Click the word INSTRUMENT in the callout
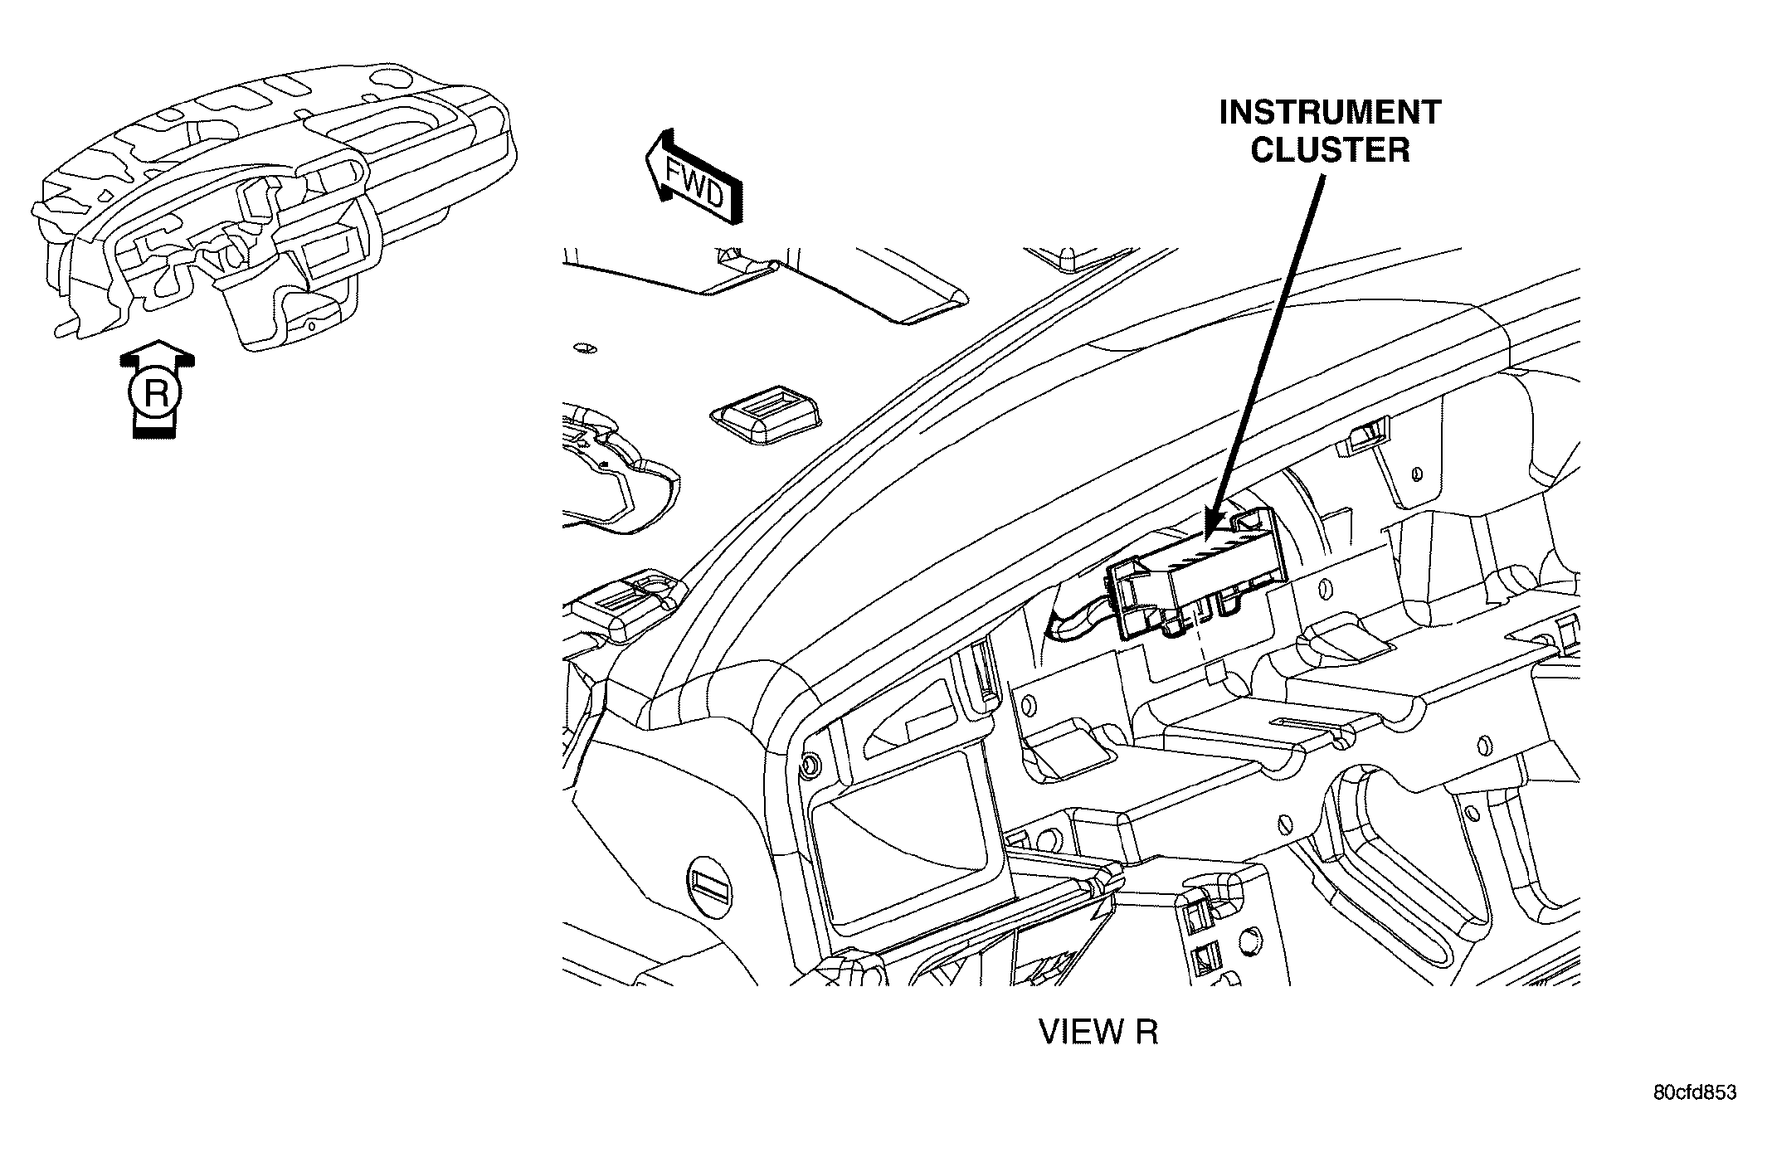pos(1330,113)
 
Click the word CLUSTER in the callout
pos(1330,151)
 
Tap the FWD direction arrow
pos(693,177)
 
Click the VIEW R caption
pos(1098,1031)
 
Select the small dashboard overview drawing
pos(274,207)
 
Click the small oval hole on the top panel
pos(585,348)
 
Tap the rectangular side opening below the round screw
pos(908,834)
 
